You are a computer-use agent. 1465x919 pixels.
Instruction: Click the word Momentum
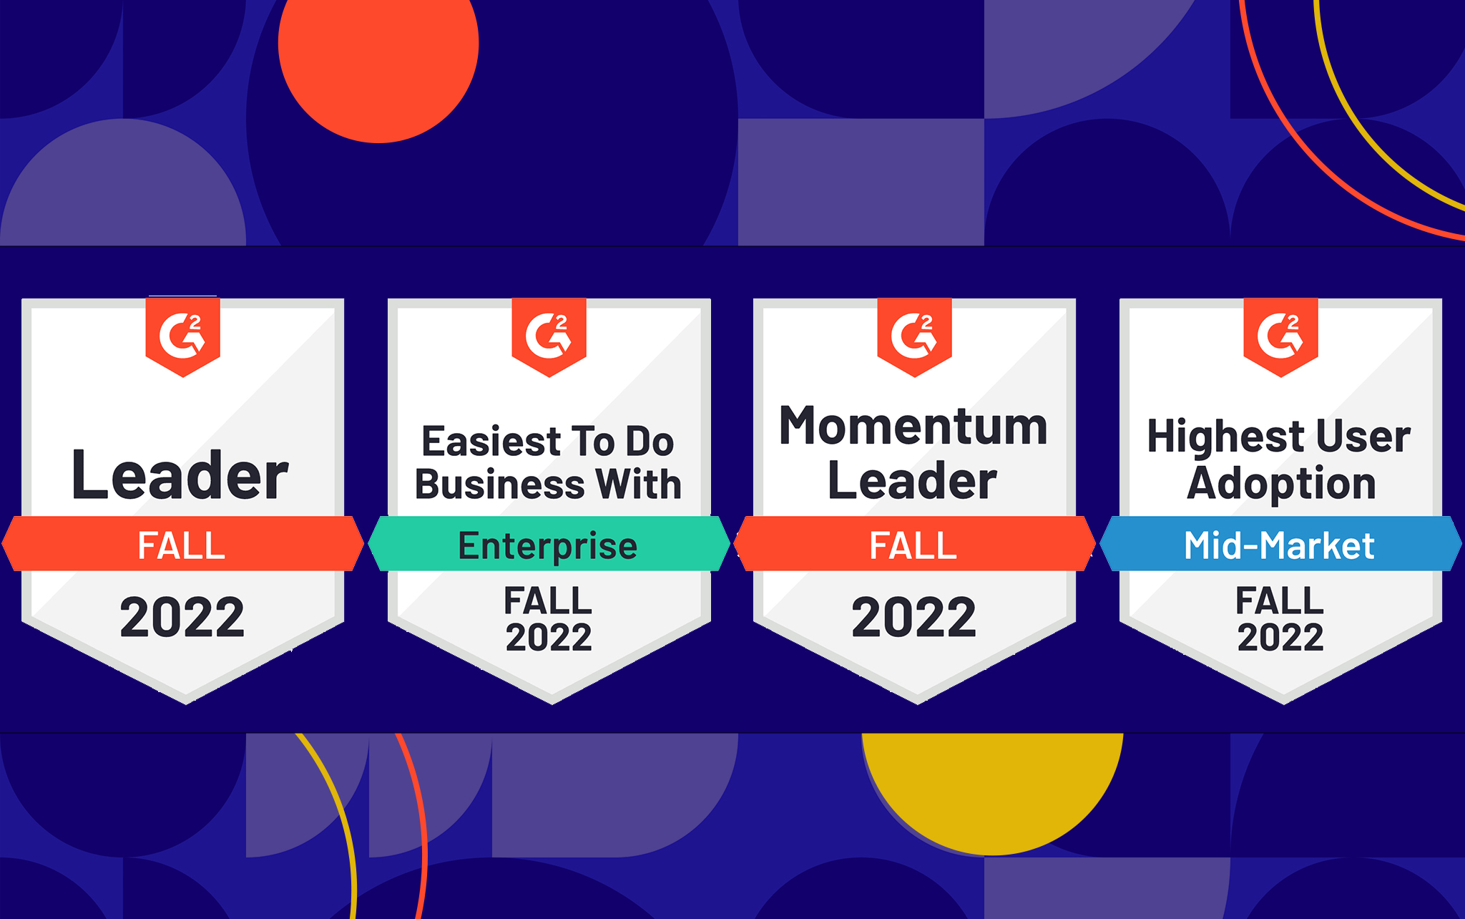913,427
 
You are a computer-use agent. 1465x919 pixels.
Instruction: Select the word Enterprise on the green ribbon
548,547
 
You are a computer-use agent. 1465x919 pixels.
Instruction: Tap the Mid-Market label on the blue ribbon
1279,545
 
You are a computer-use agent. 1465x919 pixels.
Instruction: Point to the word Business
499,484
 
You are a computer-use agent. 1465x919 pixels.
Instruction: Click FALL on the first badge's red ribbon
182,545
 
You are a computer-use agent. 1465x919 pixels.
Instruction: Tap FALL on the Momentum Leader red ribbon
913,545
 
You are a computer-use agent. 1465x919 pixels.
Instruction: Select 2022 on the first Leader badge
182,618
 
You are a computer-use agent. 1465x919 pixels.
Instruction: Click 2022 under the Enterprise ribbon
549,638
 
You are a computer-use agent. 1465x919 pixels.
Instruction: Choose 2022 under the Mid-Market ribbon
1280,638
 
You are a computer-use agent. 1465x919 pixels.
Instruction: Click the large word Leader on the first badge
180,475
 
